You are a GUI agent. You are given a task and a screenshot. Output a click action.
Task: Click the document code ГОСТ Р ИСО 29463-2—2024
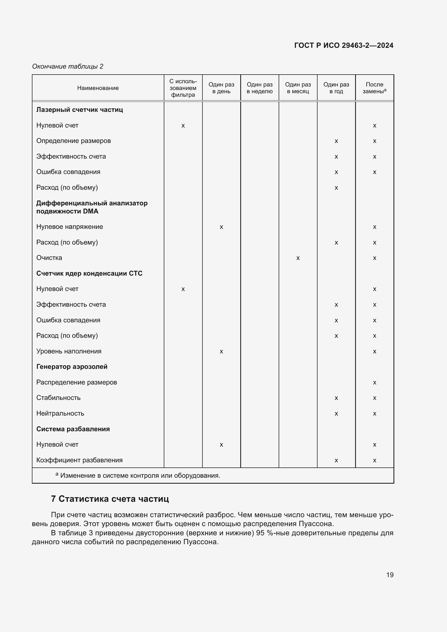coord(343,45)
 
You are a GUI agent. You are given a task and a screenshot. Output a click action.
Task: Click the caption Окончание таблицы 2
coord(68,66)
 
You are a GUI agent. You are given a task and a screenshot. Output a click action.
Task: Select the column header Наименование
coord(98,88)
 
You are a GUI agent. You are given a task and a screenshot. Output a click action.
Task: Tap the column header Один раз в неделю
coord(259,88)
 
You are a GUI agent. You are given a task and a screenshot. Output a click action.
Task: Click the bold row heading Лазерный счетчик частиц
coord(79,110)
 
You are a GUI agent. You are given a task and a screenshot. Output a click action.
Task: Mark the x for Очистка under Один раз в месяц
coord(298,258)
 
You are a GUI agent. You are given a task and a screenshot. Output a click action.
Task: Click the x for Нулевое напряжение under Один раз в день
coord(221,227)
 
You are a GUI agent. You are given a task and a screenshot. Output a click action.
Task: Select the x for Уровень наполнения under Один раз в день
coord(221,352)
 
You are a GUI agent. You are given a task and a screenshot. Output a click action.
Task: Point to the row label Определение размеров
coord(74,141)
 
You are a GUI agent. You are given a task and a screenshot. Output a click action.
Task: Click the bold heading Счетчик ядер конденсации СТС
coord(89,273)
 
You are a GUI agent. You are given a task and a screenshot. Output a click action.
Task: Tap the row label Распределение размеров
coord(76,382)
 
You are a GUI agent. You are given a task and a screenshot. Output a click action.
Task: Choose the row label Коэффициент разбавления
coord(79,460)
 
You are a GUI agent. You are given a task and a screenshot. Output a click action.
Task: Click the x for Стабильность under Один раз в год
coord(336,398)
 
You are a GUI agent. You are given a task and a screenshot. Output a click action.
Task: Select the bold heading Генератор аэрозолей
coord(72,367)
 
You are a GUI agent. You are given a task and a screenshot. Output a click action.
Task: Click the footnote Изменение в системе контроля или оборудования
coord(140,475)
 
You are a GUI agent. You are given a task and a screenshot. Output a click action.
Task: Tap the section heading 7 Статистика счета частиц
coord(110,499)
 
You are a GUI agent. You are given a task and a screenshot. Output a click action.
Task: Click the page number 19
coord(389,575)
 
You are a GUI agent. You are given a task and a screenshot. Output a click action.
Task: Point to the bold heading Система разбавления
coord(73,429)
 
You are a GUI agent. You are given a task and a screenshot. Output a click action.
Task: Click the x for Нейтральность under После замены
coord(374,414)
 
